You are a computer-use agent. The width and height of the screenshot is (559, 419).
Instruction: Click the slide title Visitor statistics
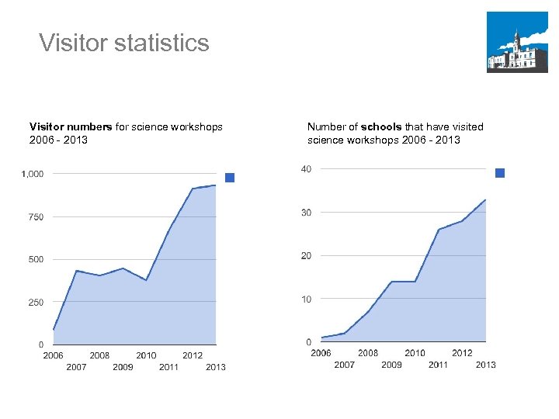point(124,42)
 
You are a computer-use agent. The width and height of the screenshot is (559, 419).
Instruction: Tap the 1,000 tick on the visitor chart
point(33,174)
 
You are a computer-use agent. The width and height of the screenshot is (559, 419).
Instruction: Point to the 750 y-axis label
point(36,217)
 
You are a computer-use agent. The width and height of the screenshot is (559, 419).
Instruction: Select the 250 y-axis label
point(36,303)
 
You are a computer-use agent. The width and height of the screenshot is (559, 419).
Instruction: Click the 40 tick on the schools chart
point(306,168)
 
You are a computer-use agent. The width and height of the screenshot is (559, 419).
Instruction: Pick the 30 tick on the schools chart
point(306,212)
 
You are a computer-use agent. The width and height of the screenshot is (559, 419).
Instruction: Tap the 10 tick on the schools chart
point(306,299)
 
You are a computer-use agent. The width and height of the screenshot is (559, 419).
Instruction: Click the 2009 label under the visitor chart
point(123,367)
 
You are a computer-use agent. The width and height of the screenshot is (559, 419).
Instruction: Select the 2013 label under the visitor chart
point(216,367)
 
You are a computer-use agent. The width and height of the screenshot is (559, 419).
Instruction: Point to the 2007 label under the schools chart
point(344,365)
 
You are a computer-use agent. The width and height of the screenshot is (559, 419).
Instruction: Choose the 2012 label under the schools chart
point(462,353)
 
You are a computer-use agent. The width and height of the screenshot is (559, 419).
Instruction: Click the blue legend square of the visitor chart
point(230,178)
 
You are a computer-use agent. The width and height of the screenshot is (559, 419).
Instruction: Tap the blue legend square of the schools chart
point(500,173)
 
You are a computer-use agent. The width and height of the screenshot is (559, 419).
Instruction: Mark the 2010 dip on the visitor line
point(146,280)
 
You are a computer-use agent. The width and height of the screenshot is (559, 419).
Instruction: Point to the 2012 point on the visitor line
point(193,189)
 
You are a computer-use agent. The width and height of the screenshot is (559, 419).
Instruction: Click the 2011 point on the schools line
point(439,229)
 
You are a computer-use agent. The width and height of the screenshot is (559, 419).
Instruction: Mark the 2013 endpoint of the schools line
point(485,199)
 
